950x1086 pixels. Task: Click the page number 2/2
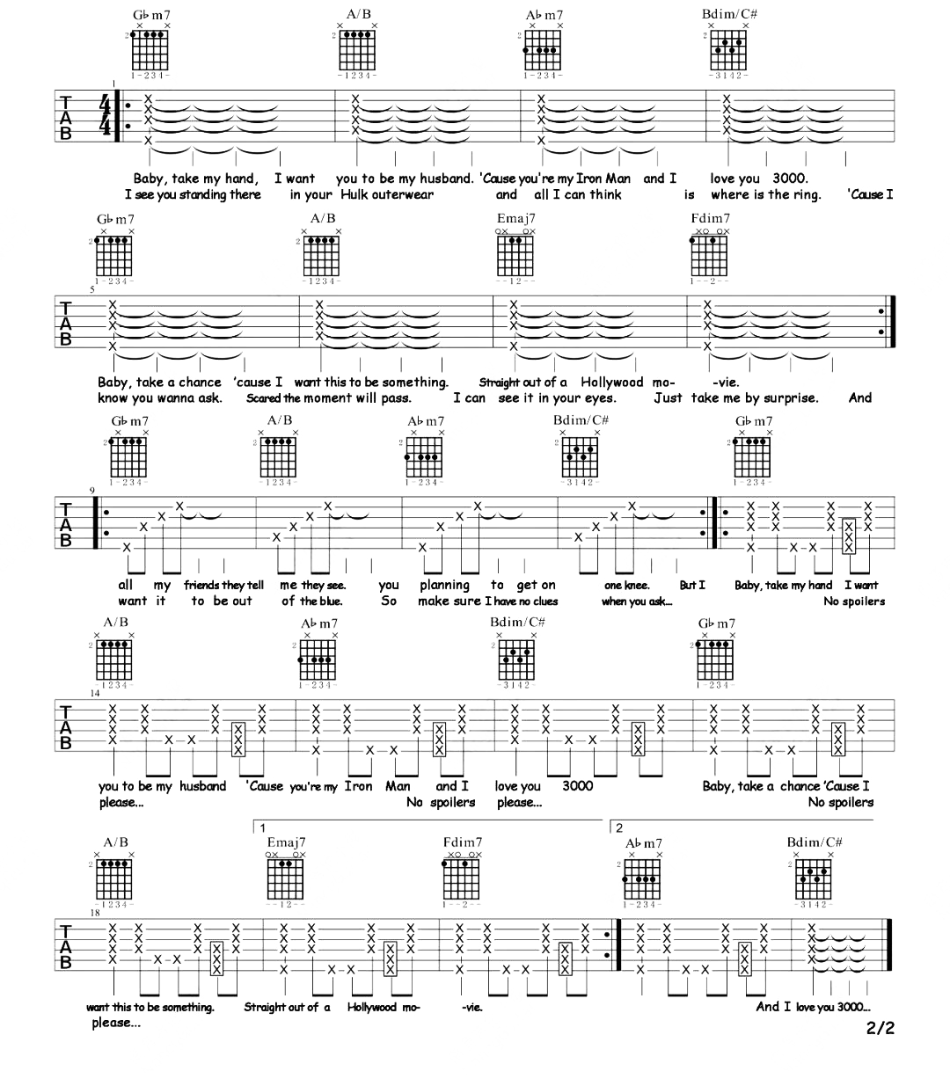pyautogui.click(x=880, y=1027)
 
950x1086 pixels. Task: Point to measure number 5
pyautogui.click(x=91, y=288)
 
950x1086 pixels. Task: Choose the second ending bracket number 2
pyautogui.click(x=619, y=828)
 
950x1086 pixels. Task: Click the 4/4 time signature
pyautogui.click(x=106, y=115)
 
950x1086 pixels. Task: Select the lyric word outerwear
pyautogui.click(x=402, y=194)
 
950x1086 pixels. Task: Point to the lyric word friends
pyautogui.click(x=202, y=585)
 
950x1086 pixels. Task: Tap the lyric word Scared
pyautogui.click(x=263, y=397)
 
